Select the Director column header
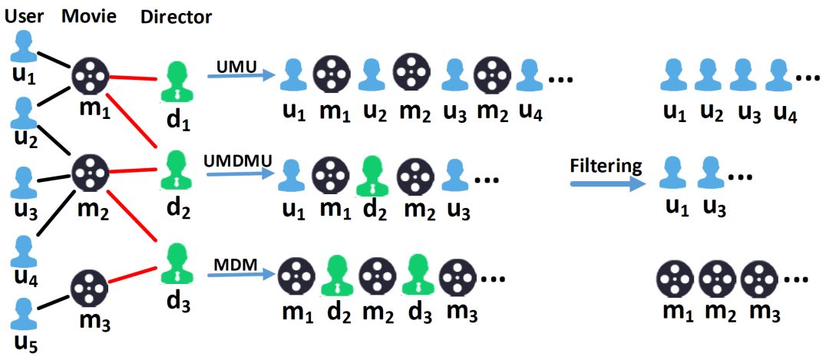[x=177, y=16]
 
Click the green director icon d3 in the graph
[x=177, y=263]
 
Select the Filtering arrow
[x=606, y=183]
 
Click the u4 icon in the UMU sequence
[x=530, y=75]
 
